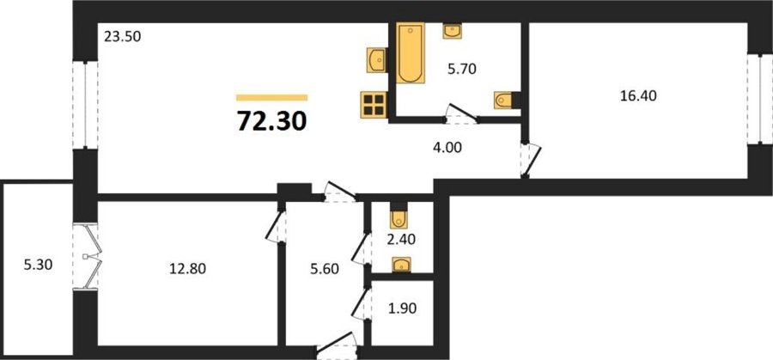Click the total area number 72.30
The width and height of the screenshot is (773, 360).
pos(271,121)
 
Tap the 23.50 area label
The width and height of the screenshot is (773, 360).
pos(123,37)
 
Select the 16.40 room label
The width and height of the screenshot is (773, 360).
pos(638,96)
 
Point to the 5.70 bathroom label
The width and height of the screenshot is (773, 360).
pos(461,70)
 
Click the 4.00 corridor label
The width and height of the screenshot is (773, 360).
pos(447,148)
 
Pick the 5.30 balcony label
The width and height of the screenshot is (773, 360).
pos(38,265)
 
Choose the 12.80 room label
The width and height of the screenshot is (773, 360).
pos(187,269)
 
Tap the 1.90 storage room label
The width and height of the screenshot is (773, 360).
pos(402,309)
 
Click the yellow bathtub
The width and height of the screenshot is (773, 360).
pos(411,52)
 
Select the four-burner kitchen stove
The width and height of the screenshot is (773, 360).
pos(374,105)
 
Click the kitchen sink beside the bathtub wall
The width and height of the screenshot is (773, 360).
pos(377,60)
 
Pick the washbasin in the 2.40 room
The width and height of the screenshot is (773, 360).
pos(401,265)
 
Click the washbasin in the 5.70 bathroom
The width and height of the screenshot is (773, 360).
pos(452,31)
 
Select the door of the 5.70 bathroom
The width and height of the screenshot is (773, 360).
pos(461,114)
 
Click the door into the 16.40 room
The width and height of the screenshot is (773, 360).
pos(531,160)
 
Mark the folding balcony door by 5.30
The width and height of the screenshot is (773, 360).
pos(88,256)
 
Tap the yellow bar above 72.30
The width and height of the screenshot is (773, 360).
pos(271,98)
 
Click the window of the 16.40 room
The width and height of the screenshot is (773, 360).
pos(755,99)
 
